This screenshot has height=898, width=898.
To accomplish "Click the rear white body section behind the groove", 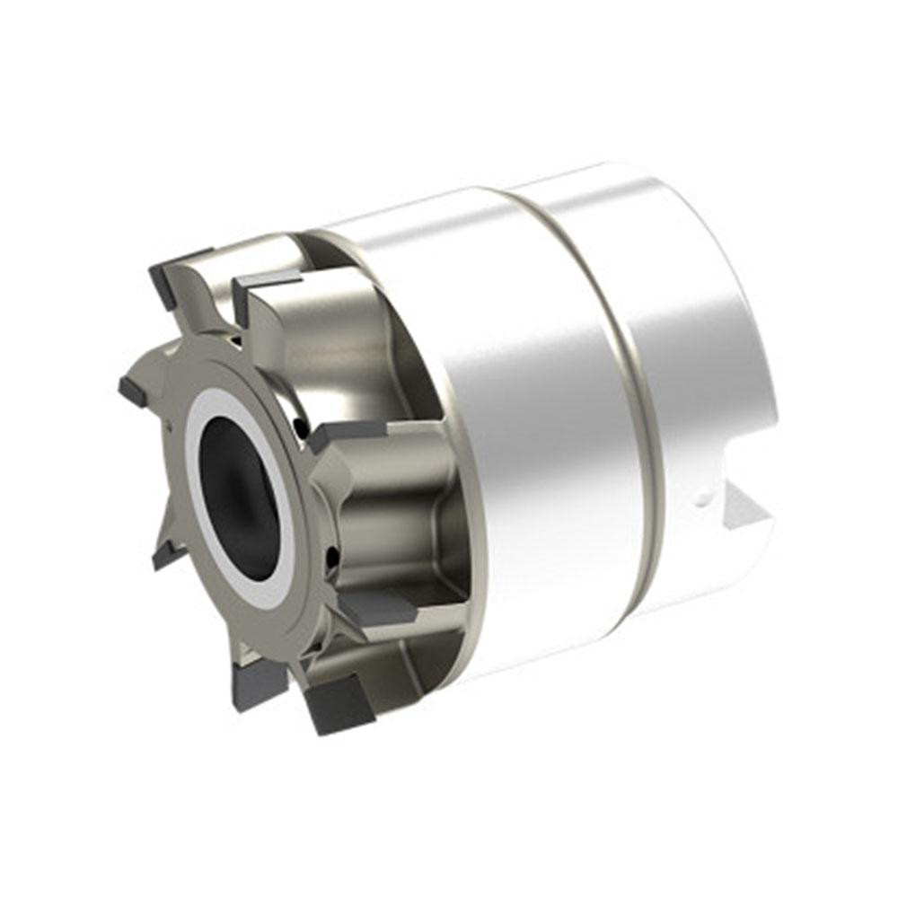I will pos(691,341).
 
